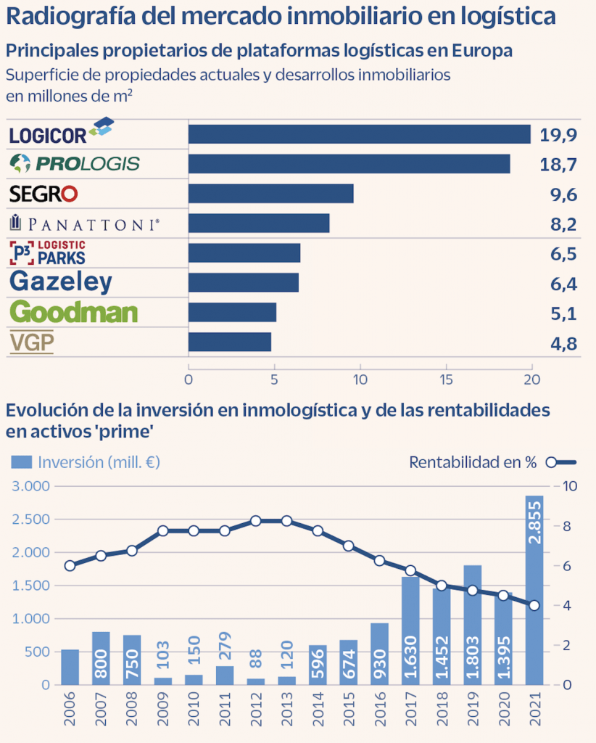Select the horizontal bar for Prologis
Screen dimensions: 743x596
coord(349,164)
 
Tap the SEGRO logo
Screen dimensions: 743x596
coord(44,194)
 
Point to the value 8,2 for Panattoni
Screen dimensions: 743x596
coord(563,224)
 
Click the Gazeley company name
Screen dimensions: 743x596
coord(61,282)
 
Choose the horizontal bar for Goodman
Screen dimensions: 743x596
coord(232,312)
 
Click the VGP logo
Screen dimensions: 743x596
coord(32,342)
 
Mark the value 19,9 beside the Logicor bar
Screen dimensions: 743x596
coord(558,135)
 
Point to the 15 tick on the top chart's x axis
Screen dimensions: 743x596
coord(446,379)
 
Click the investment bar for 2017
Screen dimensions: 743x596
coord(410,631)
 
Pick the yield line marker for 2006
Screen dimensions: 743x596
coord(70,566)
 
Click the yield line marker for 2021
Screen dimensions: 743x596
coord(534,605)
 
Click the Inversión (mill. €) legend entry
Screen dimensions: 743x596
coord(86,462)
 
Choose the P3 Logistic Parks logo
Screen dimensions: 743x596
coord(48,253)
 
